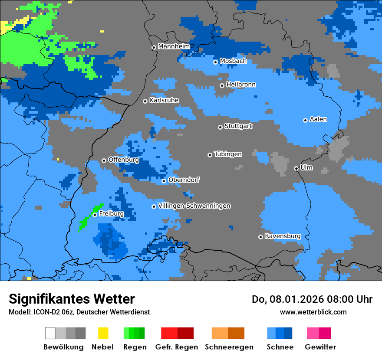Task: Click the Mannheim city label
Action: [174, 46]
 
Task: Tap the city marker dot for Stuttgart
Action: [220, 127]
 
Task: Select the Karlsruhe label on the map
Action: [164, 100]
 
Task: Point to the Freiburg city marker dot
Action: [95, 215]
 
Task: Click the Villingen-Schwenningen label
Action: [194, 206]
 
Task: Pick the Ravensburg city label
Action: [283, 236]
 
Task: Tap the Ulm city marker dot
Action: [296, 168]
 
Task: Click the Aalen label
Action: [318, 119]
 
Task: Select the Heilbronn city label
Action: [241, 85]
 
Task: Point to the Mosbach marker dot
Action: [215, 62]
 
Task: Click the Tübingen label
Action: [228, 154]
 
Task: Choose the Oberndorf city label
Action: [184, 180]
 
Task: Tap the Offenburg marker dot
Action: [104, 160]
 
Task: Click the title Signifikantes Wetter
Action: [72, 299]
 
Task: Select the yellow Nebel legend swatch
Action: [103, 333]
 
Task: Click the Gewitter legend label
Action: [320, 347]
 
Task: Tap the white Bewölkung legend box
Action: [50, 333]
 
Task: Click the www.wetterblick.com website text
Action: [313, 312]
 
